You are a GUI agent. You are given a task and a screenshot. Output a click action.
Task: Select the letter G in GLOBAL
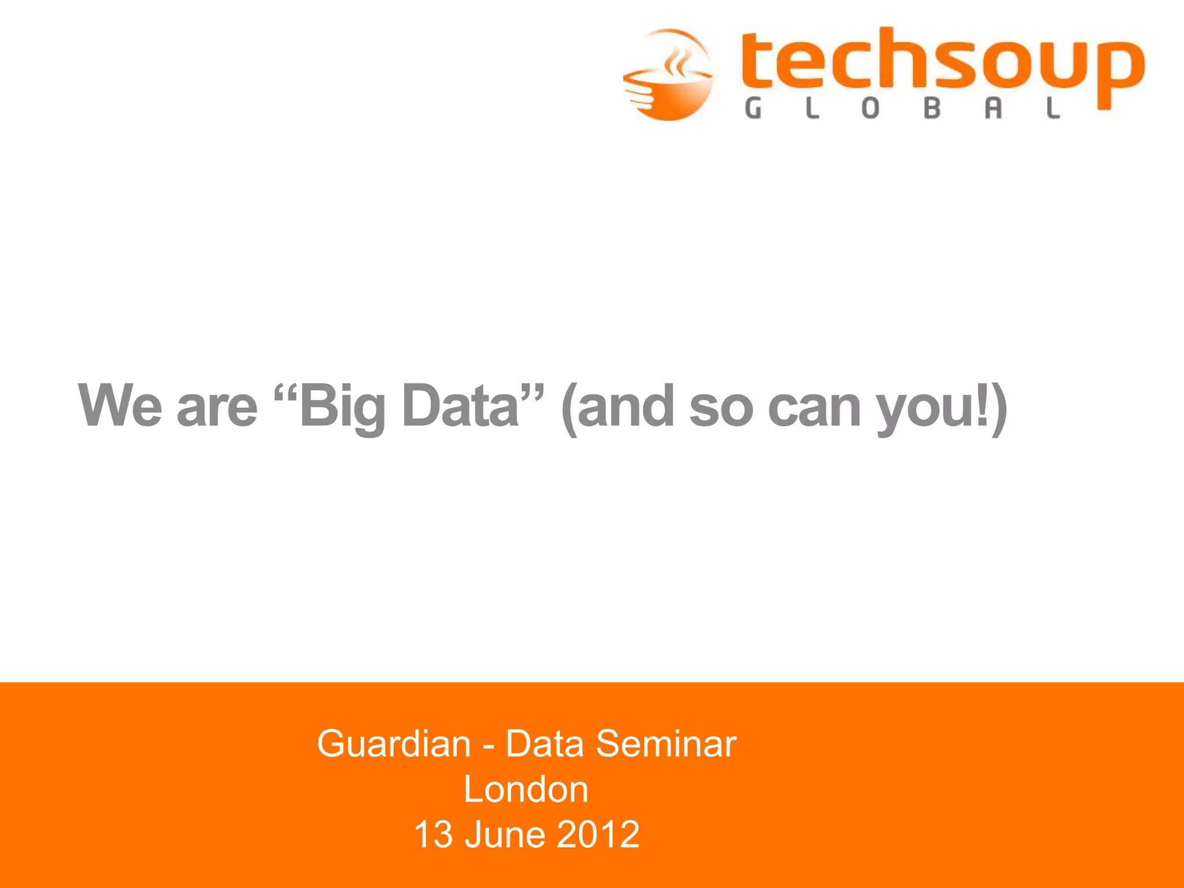(753, 108)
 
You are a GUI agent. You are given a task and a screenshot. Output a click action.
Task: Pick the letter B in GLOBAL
(932, 108)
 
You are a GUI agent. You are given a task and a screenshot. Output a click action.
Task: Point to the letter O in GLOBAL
(871, 108)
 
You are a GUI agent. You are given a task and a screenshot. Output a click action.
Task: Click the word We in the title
(120, 406)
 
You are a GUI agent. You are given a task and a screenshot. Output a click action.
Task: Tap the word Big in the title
(341, 407)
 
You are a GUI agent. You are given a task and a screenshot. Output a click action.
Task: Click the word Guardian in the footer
(394, 743)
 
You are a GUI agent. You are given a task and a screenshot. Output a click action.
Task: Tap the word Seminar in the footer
(666, 743)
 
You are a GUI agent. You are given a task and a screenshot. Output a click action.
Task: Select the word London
(526, 789)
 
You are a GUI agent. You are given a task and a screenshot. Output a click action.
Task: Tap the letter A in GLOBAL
(993, 108)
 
